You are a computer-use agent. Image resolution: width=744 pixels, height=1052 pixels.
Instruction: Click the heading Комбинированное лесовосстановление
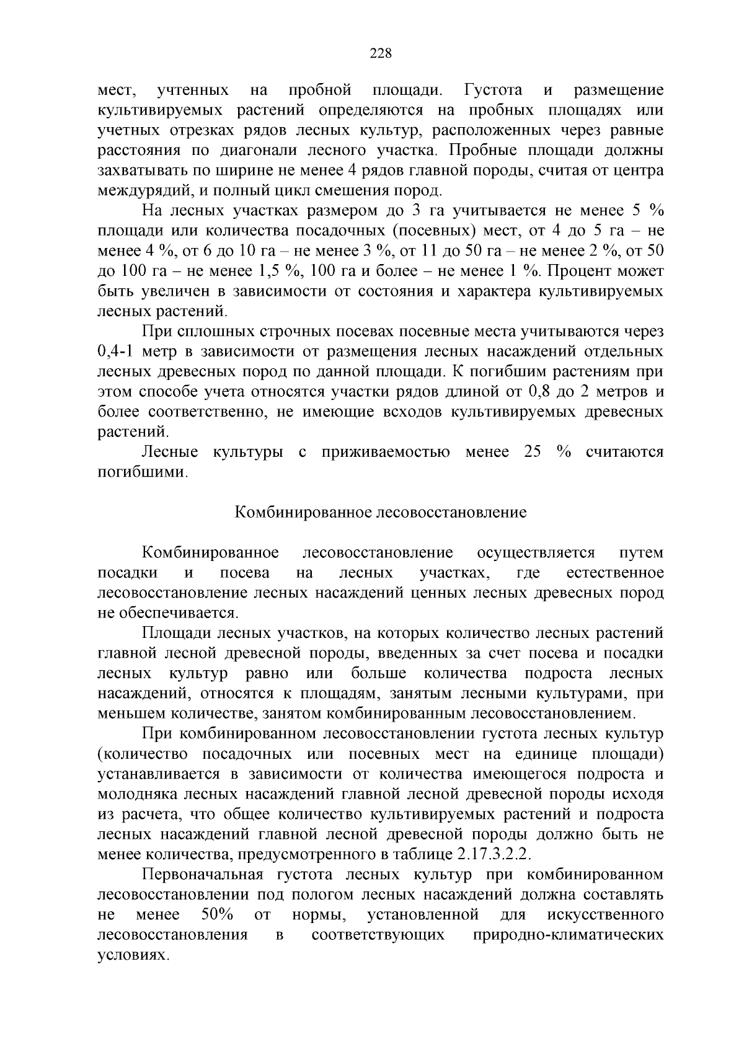(x=381, y=512)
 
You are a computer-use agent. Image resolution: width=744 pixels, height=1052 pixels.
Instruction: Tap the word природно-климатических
(x=568, y=935)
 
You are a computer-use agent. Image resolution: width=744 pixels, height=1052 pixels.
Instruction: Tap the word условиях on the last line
(x=133, y=955)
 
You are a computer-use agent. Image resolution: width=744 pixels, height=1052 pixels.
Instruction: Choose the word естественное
(x=615, y=572)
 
